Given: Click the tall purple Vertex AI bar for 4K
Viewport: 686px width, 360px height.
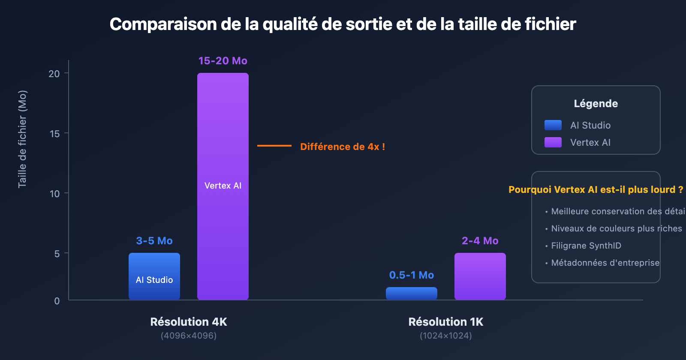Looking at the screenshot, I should click(x=223, y=129).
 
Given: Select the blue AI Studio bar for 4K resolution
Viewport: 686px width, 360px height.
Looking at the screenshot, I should click(x=154, y=266).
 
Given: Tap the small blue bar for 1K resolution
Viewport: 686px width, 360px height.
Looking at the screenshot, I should click(x=412, y=294).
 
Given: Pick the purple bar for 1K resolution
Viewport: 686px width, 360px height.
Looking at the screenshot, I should click(x=480, y=276).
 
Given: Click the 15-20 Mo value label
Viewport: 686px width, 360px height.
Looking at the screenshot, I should click(x=223, y=61).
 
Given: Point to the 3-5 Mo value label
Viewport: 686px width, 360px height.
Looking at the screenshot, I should click(x=154, y=241).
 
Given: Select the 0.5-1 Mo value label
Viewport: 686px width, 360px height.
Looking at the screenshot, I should click(x=412, y=275).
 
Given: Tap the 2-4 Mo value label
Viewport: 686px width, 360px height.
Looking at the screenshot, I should click(x=480, y=241).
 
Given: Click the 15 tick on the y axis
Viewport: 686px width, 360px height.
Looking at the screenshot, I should click(x=55, y=134).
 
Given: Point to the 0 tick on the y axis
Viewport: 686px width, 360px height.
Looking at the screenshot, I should click(x=57, y=301).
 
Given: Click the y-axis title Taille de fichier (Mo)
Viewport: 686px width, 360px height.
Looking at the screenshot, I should click(x=22, y=139).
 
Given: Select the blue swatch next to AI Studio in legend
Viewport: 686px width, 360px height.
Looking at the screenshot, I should click(x=553, y=125).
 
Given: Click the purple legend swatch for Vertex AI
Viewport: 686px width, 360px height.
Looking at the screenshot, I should click(x=553, y=142).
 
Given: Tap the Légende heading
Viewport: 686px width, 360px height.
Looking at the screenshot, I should click(x=596, y=104).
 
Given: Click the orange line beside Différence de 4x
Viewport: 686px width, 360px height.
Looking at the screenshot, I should click(x=274, y=146).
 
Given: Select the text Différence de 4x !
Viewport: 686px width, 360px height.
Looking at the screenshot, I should click(x=343, y=147).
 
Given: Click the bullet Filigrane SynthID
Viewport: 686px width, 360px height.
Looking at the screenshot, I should click(x=586, y=246).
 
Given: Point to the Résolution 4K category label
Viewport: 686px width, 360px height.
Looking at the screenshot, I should click(x=189, y=322).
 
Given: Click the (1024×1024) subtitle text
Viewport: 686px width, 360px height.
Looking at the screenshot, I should click(x=446, y=336).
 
